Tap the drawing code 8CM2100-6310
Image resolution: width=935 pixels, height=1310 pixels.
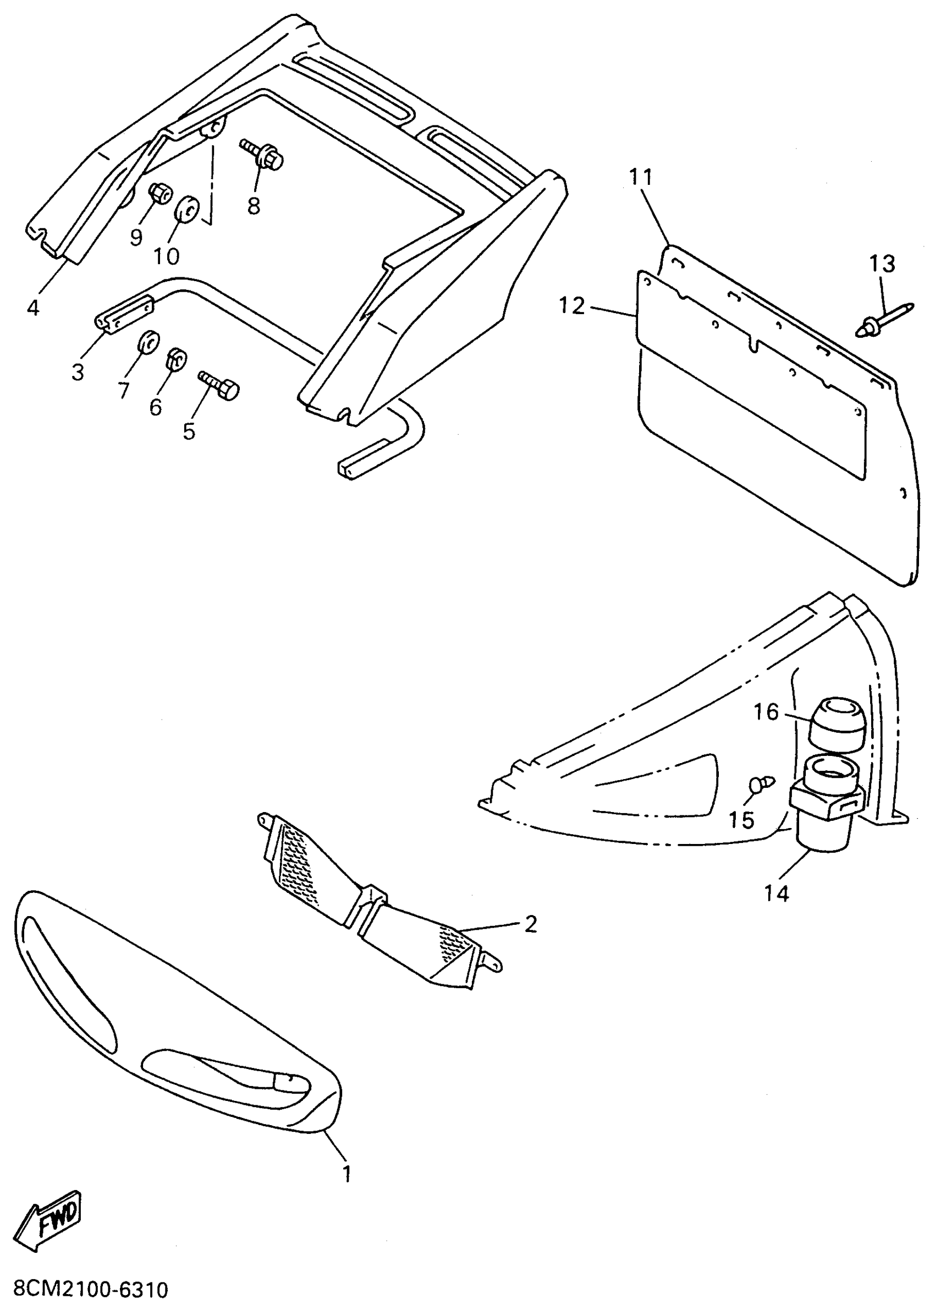click(x=90, y=1289)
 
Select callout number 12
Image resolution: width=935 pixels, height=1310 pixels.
click(x=571, y=305)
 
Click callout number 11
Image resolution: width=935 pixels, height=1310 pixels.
click(x=640, y=177)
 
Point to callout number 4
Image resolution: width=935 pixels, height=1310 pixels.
click(x=33, y=308)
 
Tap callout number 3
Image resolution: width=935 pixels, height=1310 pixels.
click(x=78, y=372)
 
